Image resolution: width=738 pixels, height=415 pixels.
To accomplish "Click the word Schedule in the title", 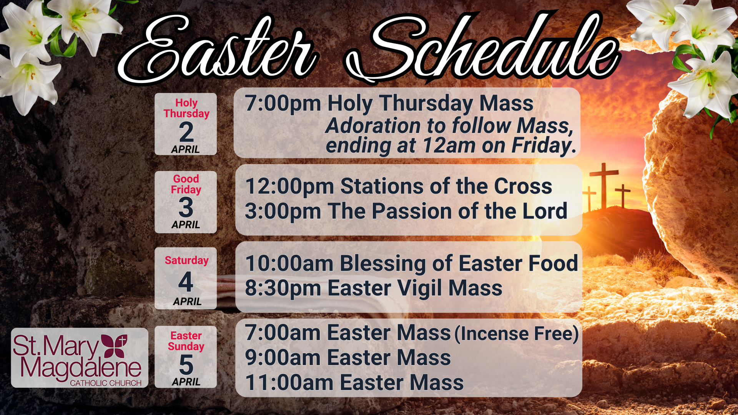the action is pos(482,46).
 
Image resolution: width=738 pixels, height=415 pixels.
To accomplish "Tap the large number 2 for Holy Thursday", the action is pos(186,132).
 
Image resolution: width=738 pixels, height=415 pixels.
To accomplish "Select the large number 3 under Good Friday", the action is pos(186,207).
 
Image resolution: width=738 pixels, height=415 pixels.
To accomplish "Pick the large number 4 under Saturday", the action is pos(186,282).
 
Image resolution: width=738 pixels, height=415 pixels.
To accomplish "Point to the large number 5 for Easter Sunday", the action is pos(186,364).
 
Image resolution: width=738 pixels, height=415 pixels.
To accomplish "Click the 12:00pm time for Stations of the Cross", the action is pos(289,186).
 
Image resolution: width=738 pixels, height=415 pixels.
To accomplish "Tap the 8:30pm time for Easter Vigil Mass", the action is pos(283,288).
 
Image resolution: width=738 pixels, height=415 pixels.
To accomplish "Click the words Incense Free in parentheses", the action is pos(517,334).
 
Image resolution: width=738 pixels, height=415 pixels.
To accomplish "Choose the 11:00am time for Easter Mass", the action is pos(289,383).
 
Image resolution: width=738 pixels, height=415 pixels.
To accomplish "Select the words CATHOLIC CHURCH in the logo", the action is pos(106,383).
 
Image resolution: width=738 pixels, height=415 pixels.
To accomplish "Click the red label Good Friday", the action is pos(186,184).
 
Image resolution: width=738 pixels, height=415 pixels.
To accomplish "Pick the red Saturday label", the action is pos(187,261).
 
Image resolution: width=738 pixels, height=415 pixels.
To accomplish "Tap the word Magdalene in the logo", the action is pos(81,369).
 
